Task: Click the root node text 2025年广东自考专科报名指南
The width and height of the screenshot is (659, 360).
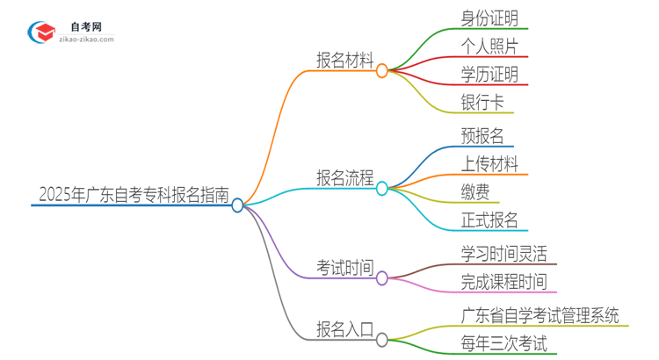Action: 131,194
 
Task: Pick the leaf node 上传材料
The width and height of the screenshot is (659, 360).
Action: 489,163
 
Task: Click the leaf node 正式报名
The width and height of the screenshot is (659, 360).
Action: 489,220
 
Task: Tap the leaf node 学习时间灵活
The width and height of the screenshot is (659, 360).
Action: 503,254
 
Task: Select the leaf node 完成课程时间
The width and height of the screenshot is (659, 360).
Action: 503,282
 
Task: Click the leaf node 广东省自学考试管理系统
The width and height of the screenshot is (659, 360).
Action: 540,314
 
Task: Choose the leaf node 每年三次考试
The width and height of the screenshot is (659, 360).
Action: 503,343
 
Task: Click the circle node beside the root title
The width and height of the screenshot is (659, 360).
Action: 237,205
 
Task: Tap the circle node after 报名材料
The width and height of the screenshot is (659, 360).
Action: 381,71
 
